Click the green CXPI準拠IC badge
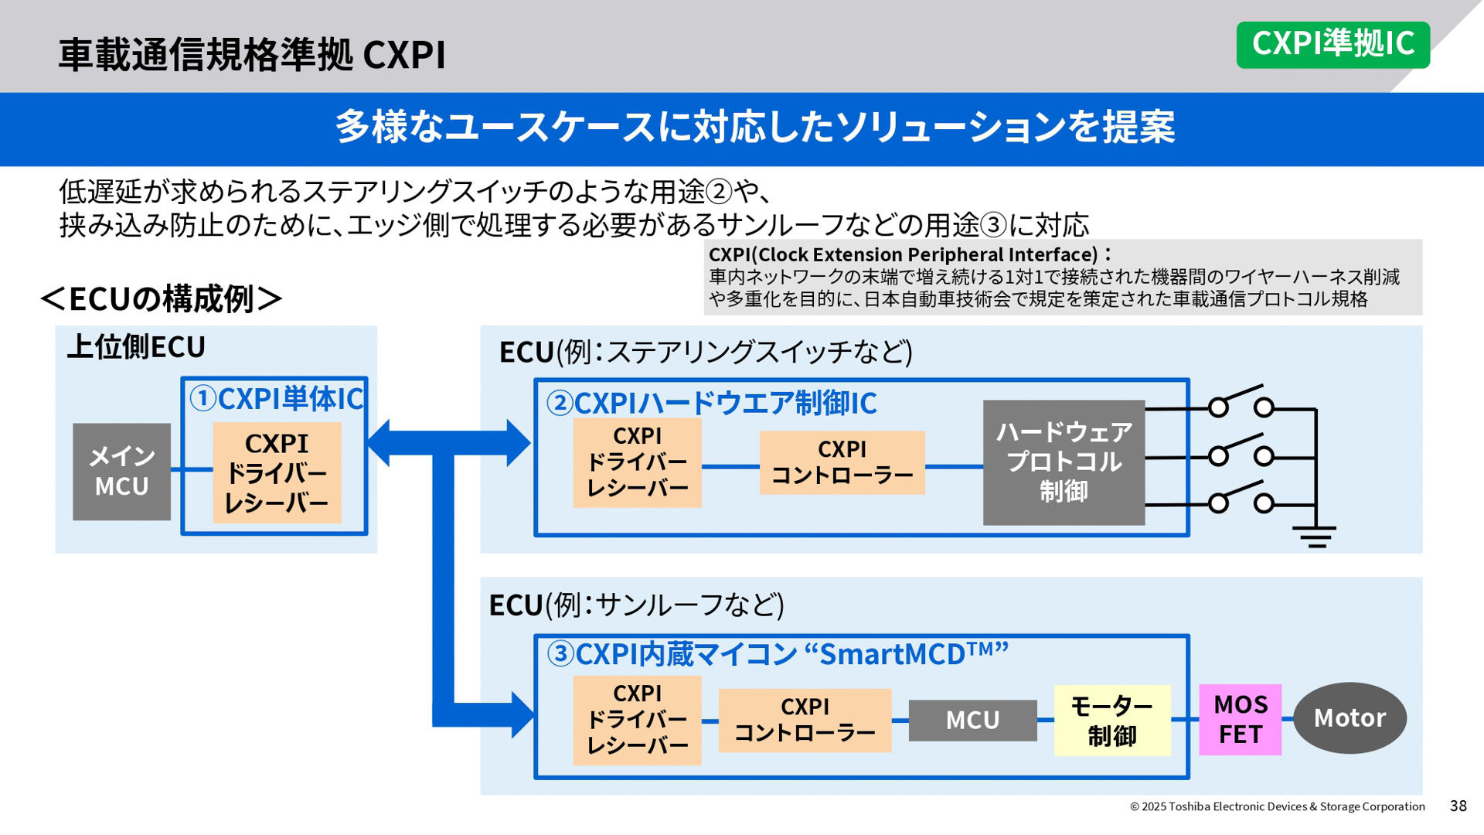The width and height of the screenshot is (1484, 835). tap(1333, 45)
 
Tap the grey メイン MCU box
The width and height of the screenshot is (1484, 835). tap(121, 472)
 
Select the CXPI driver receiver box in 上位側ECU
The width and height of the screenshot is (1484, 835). tap(277, 472)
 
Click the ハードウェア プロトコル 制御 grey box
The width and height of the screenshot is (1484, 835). tap(1064, 462)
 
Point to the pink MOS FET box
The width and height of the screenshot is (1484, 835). tap(1240, 719)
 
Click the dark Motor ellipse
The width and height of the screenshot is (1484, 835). tap(1350, 718)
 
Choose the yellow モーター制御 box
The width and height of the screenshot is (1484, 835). tap(1111, 720)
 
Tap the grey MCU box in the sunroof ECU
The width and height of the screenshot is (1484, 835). tap(972, 721)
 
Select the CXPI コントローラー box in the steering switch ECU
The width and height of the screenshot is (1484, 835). tap(842, 462)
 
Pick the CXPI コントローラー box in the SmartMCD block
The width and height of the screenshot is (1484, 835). tap(805, 720)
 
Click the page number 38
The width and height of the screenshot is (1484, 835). tap(1458, 806)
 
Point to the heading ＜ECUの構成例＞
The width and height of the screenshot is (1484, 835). tap(162, 299)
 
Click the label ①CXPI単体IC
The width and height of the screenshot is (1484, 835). tap(276, 399)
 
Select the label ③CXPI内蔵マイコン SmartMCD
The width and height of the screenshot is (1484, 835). tap(777, 654)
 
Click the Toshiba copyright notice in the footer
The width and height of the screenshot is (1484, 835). tap(1277, 806)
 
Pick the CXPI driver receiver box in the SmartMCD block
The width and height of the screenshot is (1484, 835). tap(637, 720)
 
